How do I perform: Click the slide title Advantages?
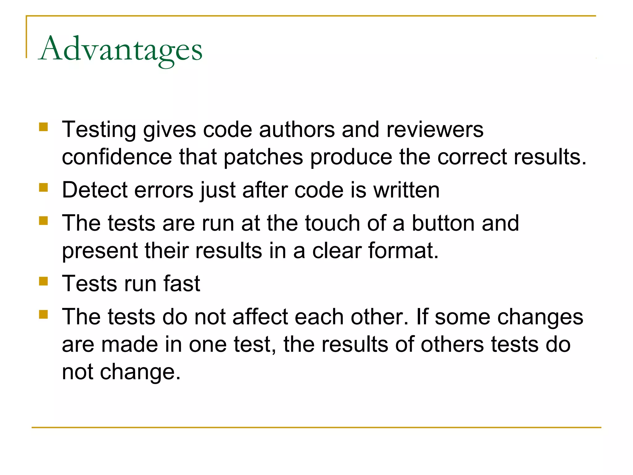(x=121, y=49)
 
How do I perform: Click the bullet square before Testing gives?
(x=44, y=127)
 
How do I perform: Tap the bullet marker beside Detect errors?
(x=44, y=187)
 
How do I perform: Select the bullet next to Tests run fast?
(x=44, y=281)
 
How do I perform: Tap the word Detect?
(x=94, y=190)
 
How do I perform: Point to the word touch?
(x=332, y=223)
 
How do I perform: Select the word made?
(x=130, y=344)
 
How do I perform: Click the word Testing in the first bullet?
(x=99, y=130)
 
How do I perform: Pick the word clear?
(x=336, y=250)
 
